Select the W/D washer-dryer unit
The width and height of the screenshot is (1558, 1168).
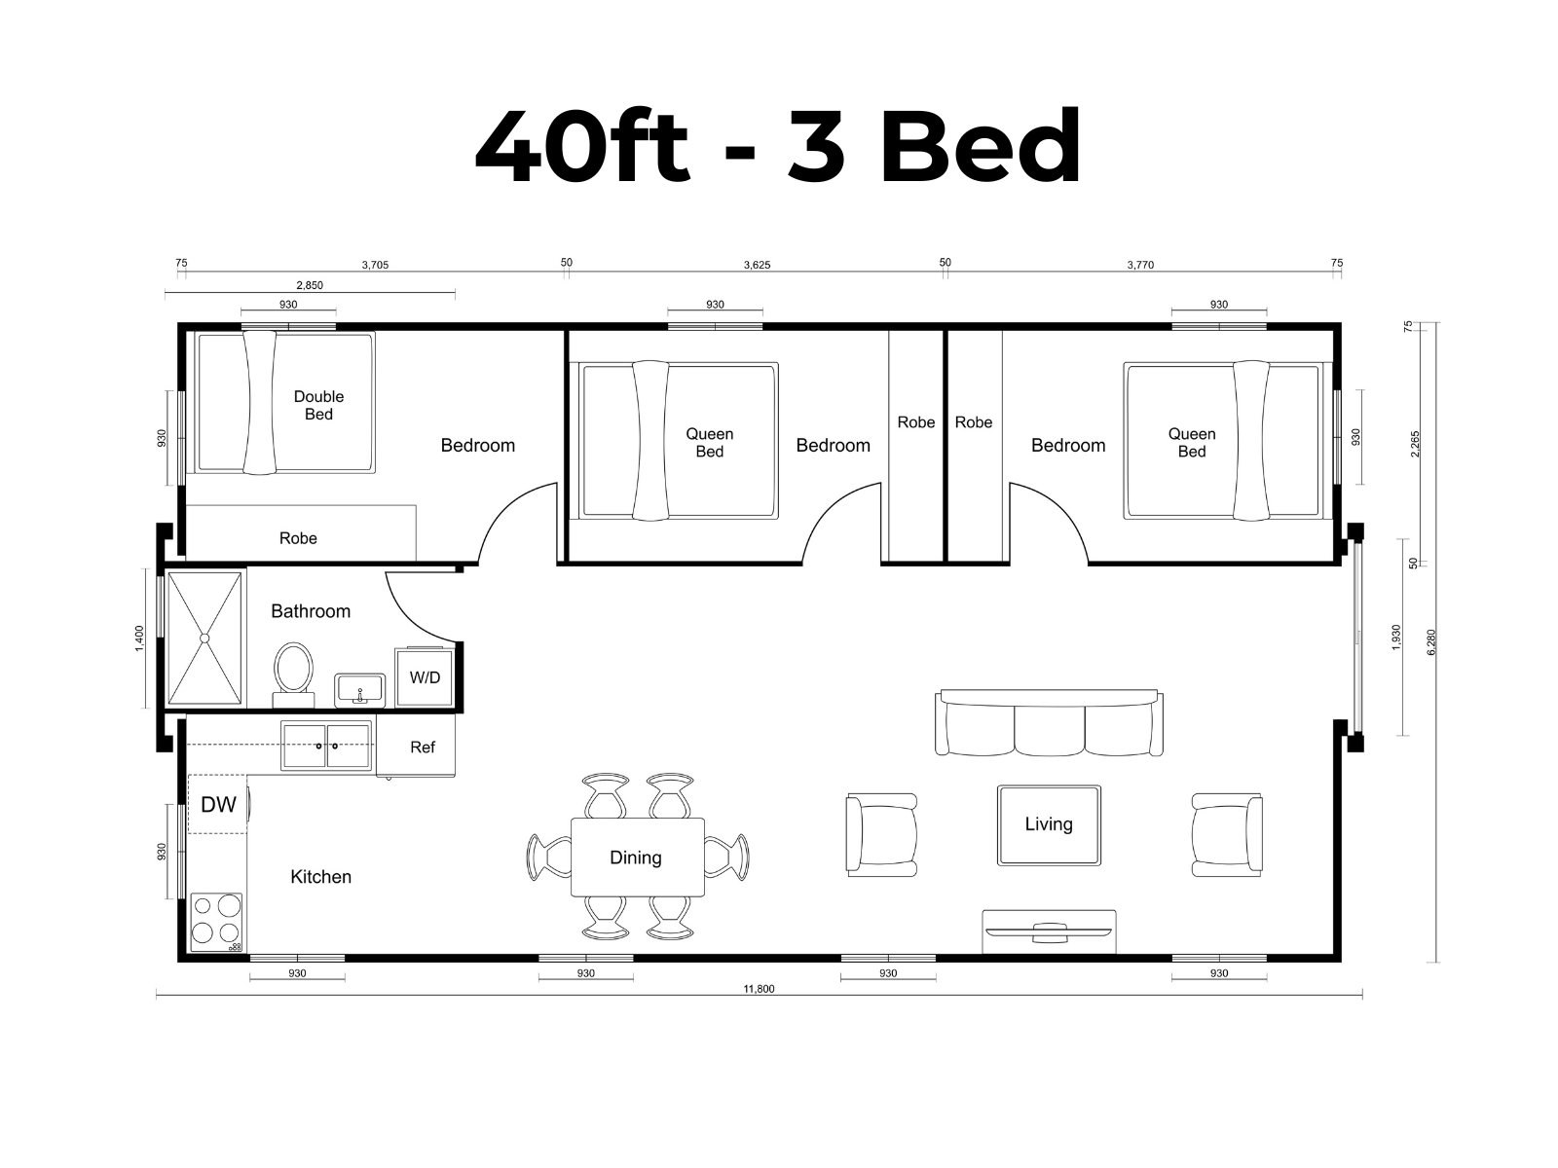coord(425,676)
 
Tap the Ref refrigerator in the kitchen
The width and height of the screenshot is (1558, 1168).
coord(416,746)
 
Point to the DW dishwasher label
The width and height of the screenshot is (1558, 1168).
coord(219,804)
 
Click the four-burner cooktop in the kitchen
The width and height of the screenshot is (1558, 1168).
coord(216,922)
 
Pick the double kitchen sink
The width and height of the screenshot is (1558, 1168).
coord(326,746)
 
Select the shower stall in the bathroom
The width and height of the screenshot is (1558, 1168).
coord(205,639)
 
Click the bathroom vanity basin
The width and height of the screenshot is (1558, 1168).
coord(360,690)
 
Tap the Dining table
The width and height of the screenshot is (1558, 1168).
coord(638,857)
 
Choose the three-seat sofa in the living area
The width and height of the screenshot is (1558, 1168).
coord(1049,722)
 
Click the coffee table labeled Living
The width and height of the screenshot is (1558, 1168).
coord(1049,824)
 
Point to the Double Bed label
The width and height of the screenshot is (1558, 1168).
coord(318,405)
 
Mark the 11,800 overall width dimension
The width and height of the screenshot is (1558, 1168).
coord(759,989)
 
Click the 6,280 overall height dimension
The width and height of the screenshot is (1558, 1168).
coord(1431,641)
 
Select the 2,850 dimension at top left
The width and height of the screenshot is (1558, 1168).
coord(310,285)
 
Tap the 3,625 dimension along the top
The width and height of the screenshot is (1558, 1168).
coord(757,265)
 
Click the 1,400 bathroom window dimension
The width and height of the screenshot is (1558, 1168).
coord(139,639)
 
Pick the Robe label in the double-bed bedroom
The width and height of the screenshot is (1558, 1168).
coord(298,538)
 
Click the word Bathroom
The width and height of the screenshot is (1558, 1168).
coord(311,610)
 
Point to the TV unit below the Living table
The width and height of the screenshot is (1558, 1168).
coord(1049,931)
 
